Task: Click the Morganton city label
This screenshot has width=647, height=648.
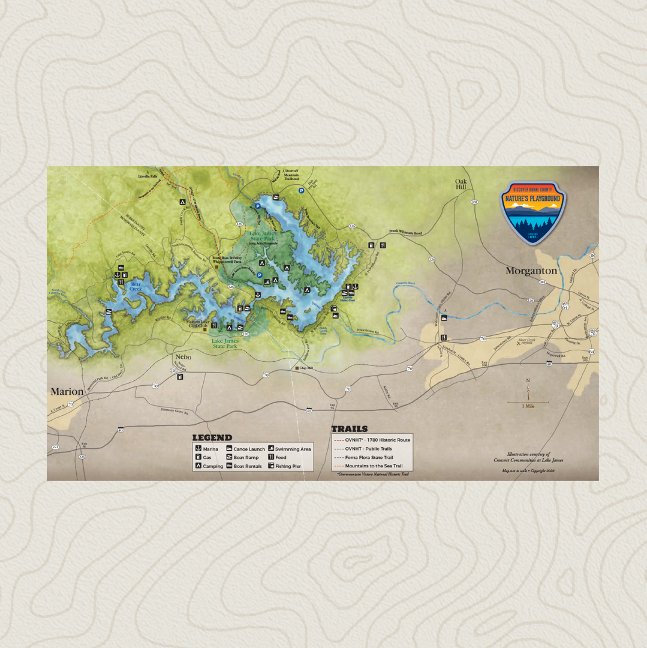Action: click(x=531, y=271)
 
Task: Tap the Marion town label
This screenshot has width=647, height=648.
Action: click(x=67, y=392)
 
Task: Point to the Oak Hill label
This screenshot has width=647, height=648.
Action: click(x=461, y=184)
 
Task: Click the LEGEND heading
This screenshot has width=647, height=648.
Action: click(x=212, y=438)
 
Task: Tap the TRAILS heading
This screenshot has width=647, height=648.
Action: click(x=349, y=429)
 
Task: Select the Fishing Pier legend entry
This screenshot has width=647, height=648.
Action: click(x=288, y=466)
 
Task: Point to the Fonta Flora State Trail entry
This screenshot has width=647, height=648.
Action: click(x=369, y=457)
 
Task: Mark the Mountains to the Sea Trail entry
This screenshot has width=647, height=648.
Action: click(x=374, y=466)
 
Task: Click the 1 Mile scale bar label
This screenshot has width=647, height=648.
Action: click(x=528, y=406)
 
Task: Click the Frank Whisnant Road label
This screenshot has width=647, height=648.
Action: click(x=405, y=233)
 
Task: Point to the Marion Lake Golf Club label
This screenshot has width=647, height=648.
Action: click(x=198, y=324)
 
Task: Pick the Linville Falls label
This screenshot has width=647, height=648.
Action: click(x=147, y=176)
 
